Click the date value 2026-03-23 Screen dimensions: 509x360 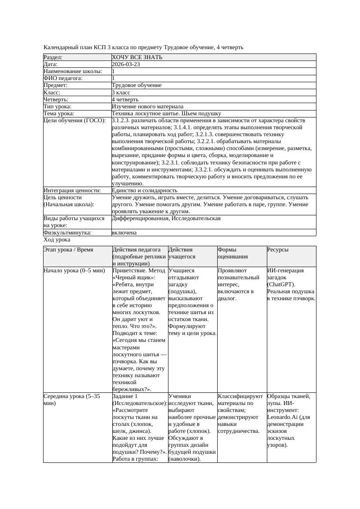point(126,64)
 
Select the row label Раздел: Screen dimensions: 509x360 point(53,57)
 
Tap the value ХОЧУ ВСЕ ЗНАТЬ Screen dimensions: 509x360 point(137,57)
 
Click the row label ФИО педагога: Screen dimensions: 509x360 point(63,78)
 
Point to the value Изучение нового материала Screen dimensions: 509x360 point(148,107)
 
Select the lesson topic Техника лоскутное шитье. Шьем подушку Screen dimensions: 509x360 point(166,114)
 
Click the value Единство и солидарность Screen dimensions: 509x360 point(145,191)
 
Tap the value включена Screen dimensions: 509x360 point(124,233)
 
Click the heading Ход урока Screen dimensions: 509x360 point(57,240)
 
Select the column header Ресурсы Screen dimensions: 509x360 point(278,250)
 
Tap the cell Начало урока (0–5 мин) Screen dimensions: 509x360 point(74,271)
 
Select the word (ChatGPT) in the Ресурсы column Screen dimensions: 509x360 point(282,285)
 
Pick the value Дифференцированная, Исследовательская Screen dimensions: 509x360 point(166,218)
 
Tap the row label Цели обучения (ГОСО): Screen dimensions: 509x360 point(75,121)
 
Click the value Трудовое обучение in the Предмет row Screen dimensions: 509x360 point(137,85)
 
